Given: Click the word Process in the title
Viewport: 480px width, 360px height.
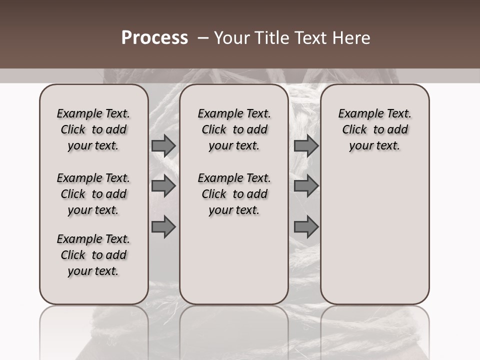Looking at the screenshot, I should point(154,38).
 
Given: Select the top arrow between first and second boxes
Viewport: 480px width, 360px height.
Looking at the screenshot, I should point(163,145).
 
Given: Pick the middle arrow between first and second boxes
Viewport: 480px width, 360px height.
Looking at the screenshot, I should point(163,186).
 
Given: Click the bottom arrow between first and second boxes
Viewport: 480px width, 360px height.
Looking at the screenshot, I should point(163,227).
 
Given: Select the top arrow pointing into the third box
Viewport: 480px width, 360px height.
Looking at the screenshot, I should point(306,145).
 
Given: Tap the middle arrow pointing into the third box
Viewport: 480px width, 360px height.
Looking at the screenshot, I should point(306,186).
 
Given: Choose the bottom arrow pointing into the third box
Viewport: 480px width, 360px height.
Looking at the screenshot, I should point(306,227).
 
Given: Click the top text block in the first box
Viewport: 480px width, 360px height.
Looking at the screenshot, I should point(93,129).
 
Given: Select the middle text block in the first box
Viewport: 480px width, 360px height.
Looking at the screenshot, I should point(93,194).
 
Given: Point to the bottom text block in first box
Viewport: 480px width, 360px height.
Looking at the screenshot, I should point(93,255).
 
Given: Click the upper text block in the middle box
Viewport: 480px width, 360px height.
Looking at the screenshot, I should point(234,129).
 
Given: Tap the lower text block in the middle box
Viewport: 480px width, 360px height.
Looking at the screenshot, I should point(234,194).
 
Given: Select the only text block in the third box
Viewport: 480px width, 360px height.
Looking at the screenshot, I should point(375,129).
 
